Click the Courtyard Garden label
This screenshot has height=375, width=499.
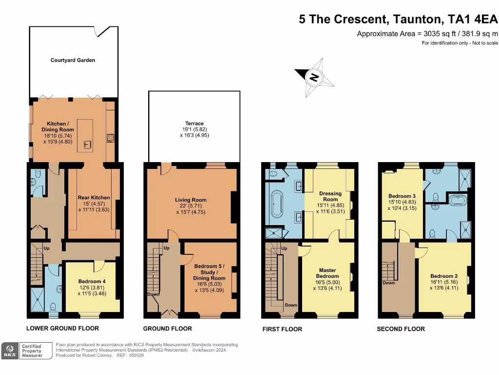pyautogui.click(x=73, y=60)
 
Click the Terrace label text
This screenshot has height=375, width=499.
pyautogui.click(x=194, y=124)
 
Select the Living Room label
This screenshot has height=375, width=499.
pyautogui.click(x=191, y=200)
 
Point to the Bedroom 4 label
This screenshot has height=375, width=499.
pyautogui.click(x=92, y=281)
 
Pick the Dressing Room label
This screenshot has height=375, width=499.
pyautogui.click(x=330, y=196)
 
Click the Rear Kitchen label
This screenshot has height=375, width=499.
pyautogui.click(x=94, y=198)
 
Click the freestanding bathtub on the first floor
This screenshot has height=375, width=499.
pyautogui.click(x=276, y=204)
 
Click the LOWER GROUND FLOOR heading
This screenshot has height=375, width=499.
pyautogui.click(x=62, y=329)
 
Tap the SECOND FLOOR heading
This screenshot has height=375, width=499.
pyautogui.click(x=401, y=329)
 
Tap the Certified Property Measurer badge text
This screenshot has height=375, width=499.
pyautogui.click(x=32, y=351)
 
